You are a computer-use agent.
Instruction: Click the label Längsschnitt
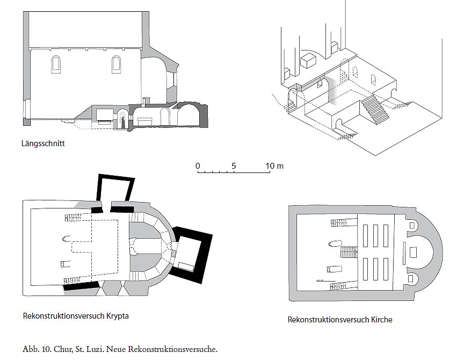point(43,143)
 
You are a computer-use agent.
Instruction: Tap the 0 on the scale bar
point(198,166)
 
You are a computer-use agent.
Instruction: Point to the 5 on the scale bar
point(234,166)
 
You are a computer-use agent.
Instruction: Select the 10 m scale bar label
point(274,166)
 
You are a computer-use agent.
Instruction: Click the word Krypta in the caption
point(118,316)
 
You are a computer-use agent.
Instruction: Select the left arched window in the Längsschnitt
point(56,64)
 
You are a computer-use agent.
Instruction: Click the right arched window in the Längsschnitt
point(117,64)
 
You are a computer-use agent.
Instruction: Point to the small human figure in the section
point(123,123)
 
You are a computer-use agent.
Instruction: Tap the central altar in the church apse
point(413,253)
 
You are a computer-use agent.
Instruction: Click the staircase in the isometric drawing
point(374,109)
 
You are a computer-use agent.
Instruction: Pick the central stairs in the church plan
point(349,253)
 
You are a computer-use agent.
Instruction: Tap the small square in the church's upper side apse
point(411,226)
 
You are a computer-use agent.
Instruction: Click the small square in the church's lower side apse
point(411,278)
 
